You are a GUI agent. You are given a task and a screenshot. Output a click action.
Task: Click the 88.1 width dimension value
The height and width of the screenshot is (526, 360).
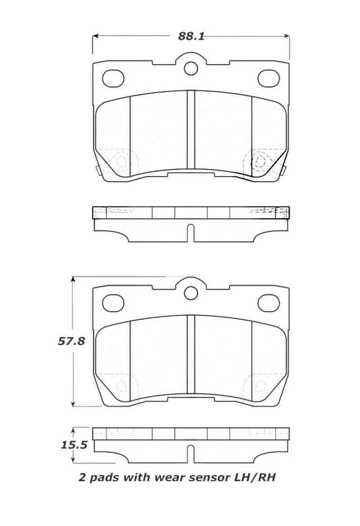(191, 36)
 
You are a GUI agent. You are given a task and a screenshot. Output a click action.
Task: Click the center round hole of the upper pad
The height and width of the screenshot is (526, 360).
(191, 68)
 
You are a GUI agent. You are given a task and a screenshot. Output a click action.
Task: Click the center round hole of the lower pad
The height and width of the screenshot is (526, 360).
(191, 292)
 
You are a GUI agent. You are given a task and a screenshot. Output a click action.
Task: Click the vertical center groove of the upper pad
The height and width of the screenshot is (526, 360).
(191, 130)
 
